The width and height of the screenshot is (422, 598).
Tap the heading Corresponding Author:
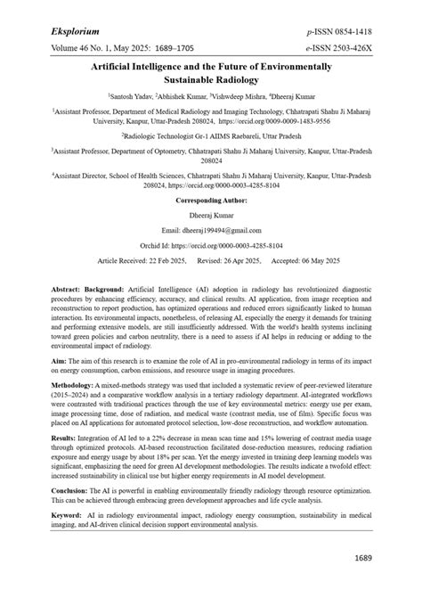click(210, 202)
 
